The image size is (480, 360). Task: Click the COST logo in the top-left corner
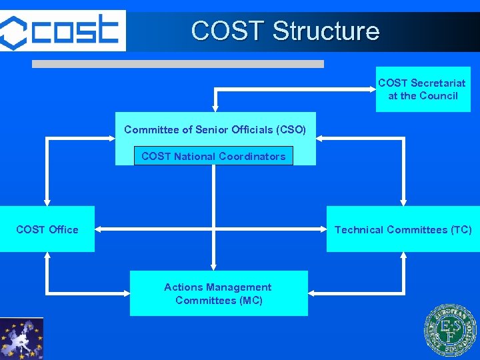tap(62, 30)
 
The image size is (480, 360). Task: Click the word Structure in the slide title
tap(326, 31)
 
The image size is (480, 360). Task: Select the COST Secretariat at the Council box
tap(423, 89)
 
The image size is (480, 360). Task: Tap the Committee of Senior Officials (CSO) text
tap(215, 129)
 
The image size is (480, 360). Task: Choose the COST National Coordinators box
tap(213, 157)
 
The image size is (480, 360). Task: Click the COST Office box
tap(47, 229)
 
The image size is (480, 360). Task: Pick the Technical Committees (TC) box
tap(403, 229)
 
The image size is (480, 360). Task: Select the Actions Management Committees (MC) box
tap(218, 293)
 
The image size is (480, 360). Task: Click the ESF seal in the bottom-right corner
tap(451, 331)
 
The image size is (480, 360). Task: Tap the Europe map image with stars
tap(21, 339)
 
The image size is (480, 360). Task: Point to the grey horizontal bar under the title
tap(178, 64)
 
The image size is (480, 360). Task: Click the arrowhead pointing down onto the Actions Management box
tap(213, 266)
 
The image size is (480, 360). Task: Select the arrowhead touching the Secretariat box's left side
tap(372, 89)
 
